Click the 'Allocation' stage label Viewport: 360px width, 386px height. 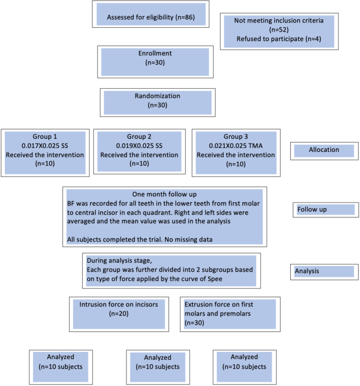(324, 150)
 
